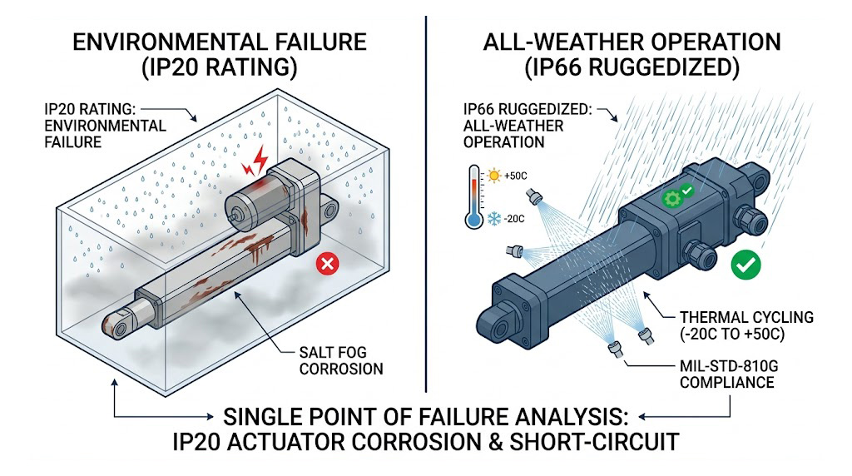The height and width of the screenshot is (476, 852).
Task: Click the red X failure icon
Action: (329, 265)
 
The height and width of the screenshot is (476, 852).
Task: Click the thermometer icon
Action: (473, 196)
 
